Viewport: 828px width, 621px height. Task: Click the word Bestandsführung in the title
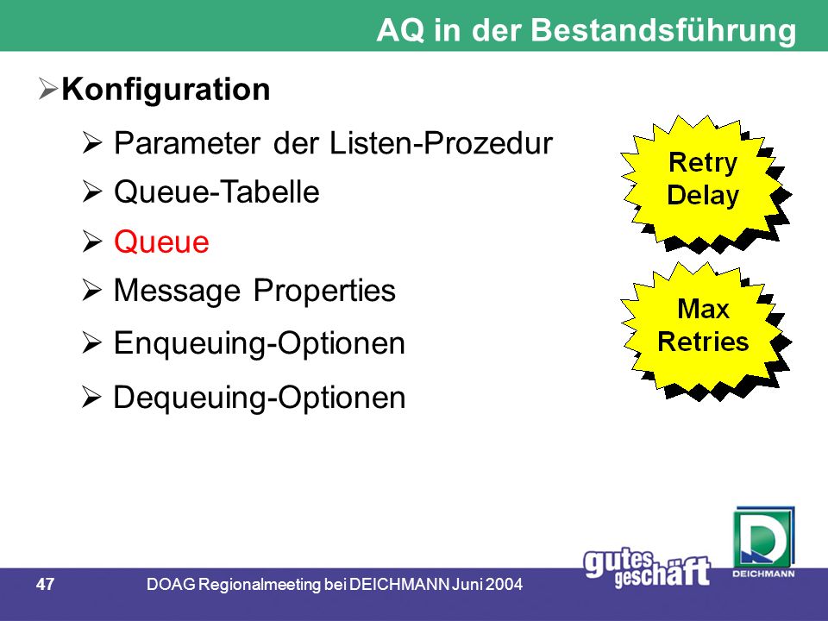664,31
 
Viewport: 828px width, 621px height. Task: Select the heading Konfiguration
166,90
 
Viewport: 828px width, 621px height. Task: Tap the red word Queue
161,242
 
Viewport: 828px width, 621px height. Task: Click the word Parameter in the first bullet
187,143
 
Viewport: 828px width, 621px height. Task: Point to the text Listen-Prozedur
441,142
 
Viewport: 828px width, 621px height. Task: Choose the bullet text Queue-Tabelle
216,191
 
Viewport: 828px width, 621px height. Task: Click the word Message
178,291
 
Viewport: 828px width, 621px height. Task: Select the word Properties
324,291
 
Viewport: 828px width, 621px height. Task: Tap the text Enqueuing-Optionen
260,344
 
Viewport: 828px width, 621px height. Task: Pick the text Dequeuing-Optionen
260,398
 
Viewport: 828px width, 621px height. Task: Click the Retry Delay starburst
706,183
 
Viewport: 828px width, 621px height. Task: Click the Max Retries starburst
706,329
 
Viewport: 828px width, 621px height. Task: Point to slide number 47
46,584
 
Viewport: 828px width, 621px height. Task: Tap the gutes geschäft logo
647,568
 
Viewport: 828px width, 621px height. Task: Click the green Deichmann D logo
763,543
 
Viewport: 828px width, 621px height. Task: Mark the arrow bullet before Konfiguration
47,89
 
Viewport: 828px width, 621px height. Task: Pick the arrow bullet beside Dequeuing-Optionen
92,397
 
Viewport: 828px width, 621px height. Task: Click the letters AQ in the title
400,31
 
